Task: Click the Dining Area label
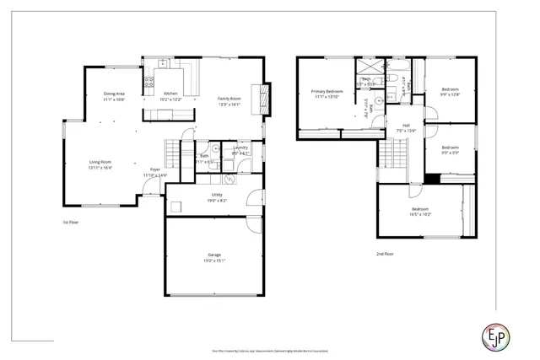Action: tap(115, 93)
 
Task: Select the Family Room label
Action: tap(229, 99)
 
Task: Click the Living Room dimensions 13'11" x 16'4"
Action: tap(101, 168)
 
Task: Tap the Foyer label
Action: tap(155, 169)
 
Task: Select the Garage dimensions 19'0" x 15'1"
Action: tap(214, 261)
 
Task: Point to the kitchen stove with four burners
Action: tap(148, 83)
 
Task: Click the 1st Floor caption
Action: tap(71, 223)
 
